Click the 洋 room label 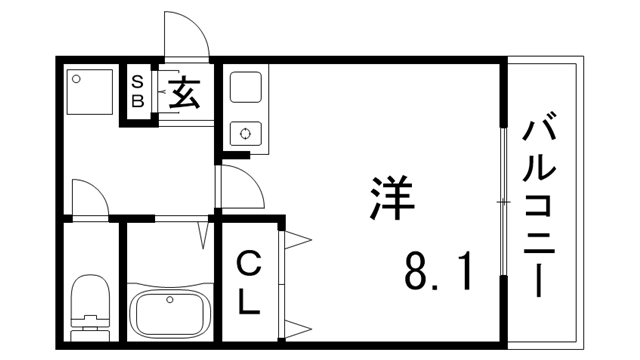pos(392,199)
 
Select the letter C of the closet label pos(248,265)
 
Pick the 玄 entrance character pos(184,95)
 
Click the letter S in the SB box pos(138,82)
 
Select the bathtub pos(170,313)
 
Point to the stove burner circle pos(245,132)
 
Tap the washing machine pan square pos(91,92)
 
